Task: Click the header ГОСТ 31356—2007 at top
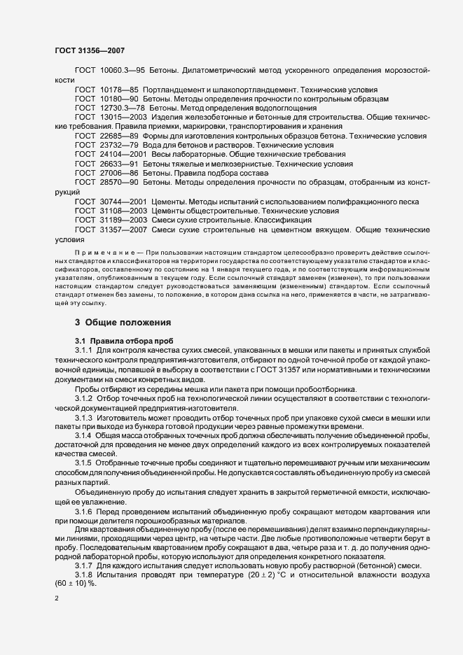[90, 51]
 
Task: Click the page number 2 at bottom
[57, 599]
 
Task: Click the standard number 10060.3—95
[123, 72]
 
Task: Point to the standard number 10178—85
[119, 90]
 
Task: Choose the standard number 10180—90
[119, 99]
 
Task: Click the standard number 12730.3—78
[123, 108]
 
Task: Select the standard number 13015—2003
[125, 118]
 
